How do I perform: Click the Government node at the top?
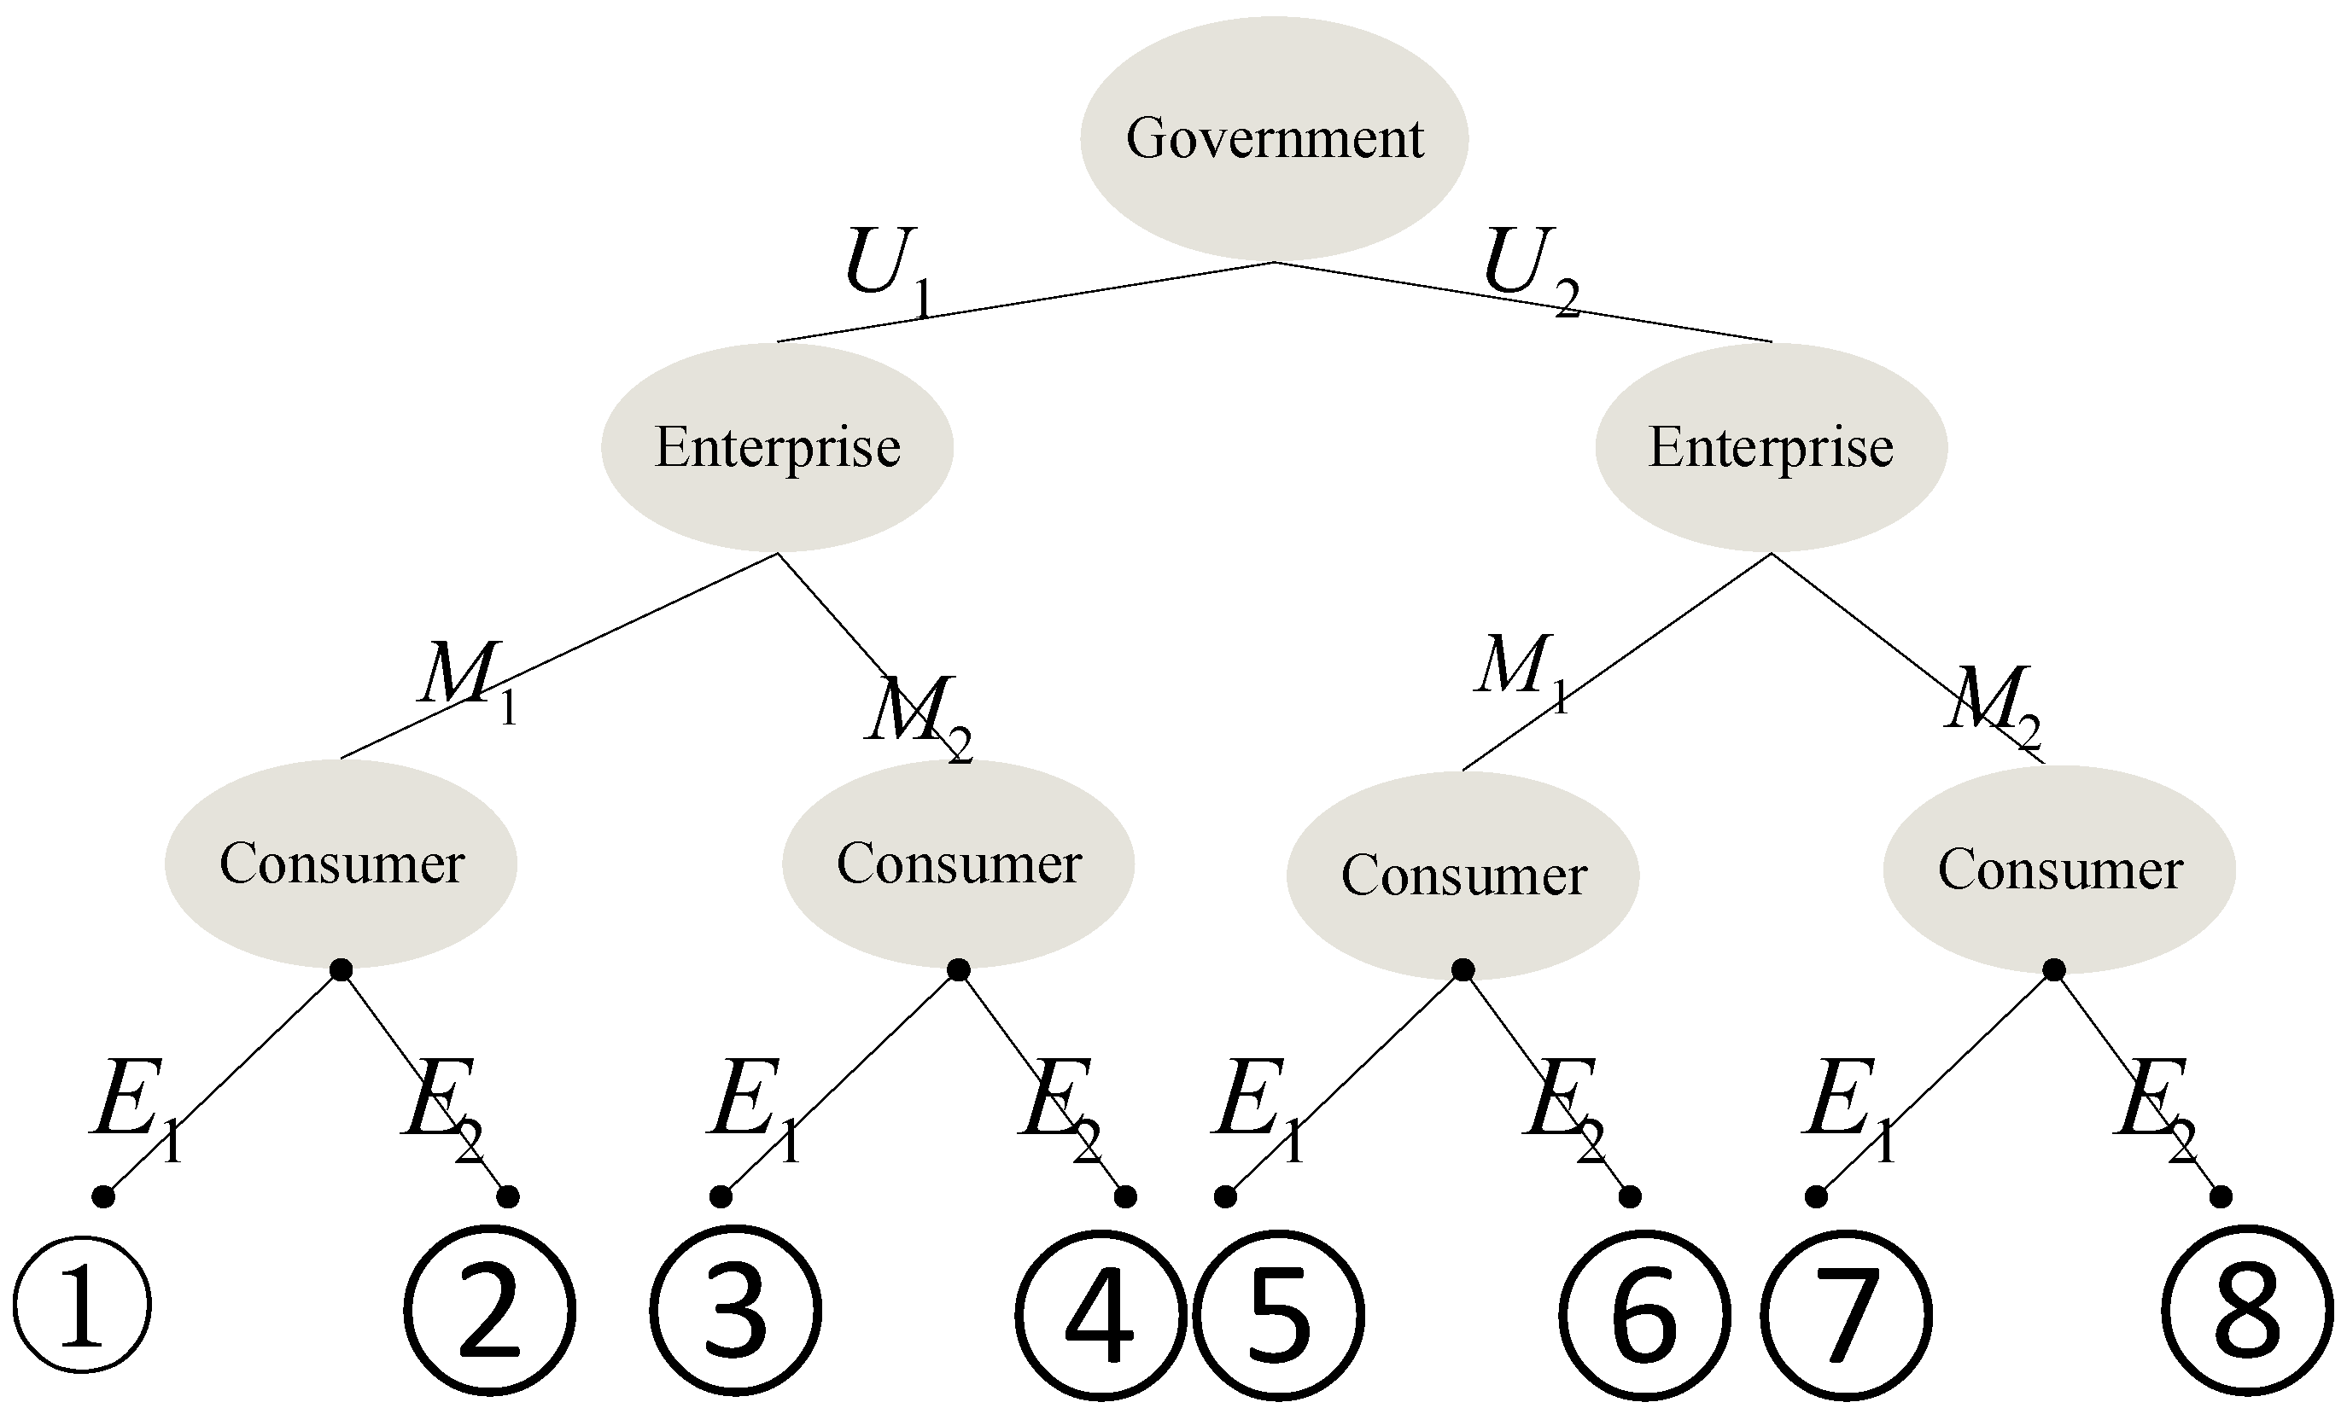click(x=1274, y=138)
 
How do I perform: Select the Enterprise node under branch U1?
click(x=777, y=447)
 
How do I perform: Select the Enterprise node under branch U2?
click(x=1771, y=447)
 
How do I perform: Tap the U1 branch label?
click(x=887, y=270)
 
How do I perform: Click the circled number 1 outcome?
click(x=82, y=1305)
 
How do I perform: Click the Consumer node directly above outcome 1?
click(x=342, y=864)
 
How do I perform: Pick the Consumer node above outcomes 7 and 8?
click(x=2059, y=869)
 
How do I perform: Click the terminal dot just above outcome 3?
click(x=721, y=1196)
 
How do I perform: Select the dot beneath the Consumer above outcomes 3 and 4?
click(x=959, y=969)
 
